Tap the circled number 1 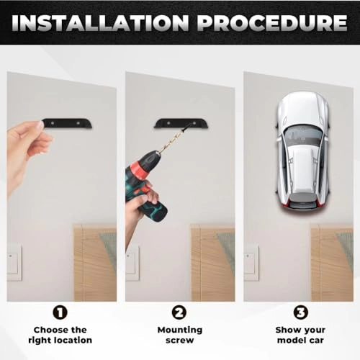pyautogui.click(x=60, y=312)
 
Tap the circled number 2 pyautogui.click(x=178, y=312)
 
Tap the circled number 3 pyautogui.click(x=297, y=312)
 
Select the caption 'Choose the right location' pyautogui.click(x=60, y=334)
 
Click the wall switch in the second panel pyautogui.click(x=132, y=263)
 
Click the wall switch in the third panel pyautogui.click(x=251, y=263)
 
